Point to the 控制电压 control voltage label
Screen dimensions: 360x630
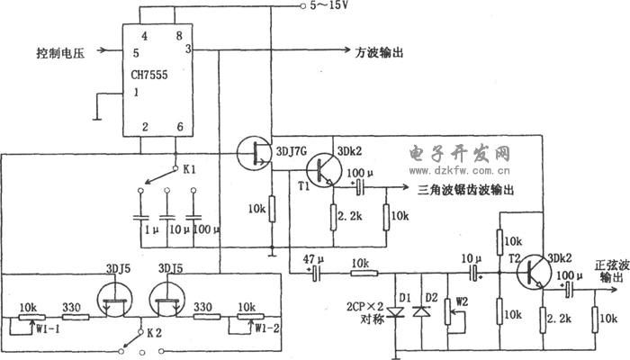point(60,52)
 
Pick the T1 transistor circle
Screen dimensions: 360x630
point(323,167)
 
